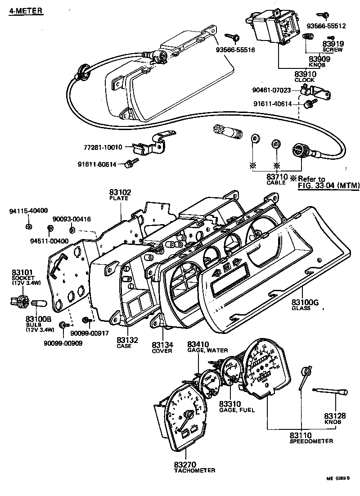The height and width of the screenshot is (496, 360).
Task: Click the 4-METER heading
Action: tap(26, 10)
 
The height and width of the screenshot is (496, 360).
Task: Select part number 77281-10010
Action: tap(103, 147)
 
